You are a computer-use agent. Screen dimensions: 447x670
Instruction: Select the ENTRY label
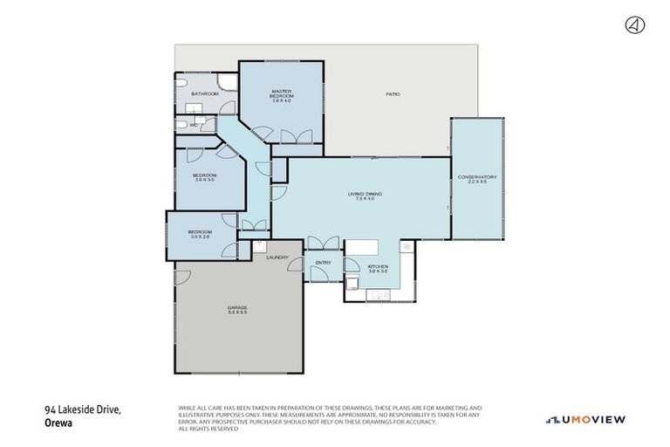click(323, 262)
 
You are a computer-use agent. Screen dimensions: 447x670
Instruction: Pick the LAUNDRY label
click(277, 258)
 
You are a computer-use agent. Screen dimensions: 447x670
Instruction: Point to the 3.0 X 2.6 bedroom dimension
click(200, 237)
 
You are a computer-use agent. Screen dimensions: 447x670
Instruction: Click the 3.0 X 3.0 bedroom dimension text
click(204, 180)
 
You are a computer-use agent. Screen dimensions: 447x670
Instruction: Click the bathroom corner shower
click(225, 83)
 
